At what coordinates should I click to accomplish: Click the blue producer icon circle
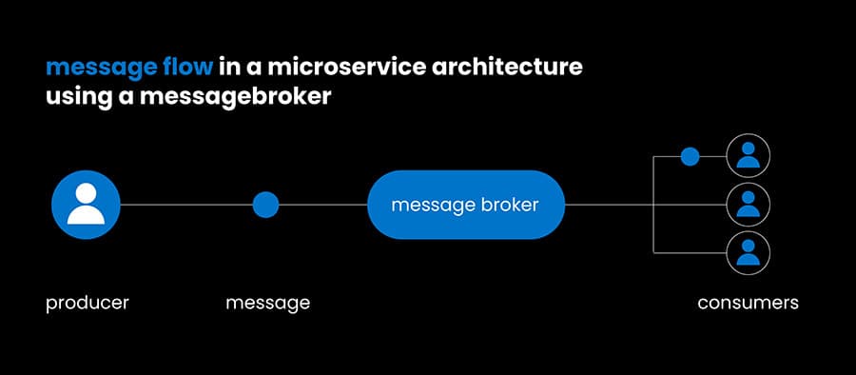(x=86, y=205)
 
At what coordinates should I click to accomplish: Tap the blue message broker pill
(x=466, y=205)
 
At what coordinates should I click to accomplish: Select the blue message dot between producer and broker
(x=265, y=205)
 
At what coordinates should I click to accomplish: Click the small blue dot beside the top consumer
(x=690, y=156)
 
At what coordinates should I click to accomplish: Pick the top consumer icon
(x=748, y=156)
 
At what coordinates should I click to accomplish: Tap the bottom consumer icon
(x=748, y=252)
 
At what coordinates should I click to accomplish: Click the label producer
(x=88, y=304)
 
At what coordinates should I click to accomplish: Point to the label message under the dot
(x=267, y=304)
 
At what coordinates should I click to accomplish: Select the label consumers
(x=748, y=304)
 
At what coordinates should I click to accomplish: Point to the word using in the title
(x=78, y=98)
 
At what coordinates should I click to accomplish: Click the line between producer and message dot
(x=185, y=205)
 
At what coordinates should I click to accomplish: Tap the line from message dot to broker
(x=323, y=205)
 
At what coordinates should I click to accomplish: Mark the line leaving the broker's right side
(x=609, y=205)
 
